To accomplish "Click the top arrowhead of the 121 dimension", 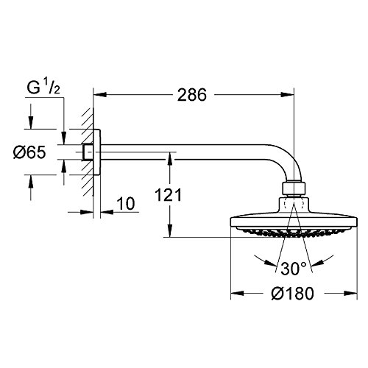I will (x=171, y=156).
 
